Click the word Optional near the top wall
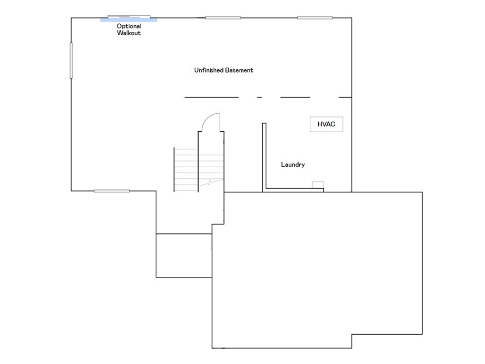pyautogui.click(x=129, y=27)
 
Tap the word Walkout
pyautogui.click(x=129, y=33)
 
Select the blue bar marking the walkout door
pyautogui.click(x=129, y=20)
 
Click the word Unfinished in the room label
pyautogui.click(x=209, y=70)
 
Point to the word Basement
pyautogui.click(x=239, y=70)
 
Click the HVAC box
pyautogui.click(x=326, y=124)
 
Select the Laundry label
pyautogui.click(x=293, y=164)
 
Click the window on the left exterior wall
pyautogui.click(x=72, y=60)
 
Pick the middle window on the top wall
pyautogui.click(x=223, y=18)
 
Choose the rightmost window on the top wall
pyautogui.click(x=315, y=18)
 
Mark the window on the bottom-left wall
pyautogui.click(x=112, y=191)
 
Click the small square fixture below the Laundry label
pyautogui.click(x=318, y=185)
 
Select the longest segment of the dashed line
pyautogui.click(x=211, y=97)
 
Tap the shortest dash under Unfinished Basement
pyautogui.click(x=260, y=97)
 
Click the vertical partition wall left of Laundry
pyautogui.click(x=264, y=156)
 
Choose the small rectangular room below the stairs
pyautogui.click(x=184, y=255)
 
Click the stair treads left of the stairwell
pyautogui.click(x=186, y=169)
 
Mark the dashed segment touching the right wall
pyautogui.click(x=345, y=97)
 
